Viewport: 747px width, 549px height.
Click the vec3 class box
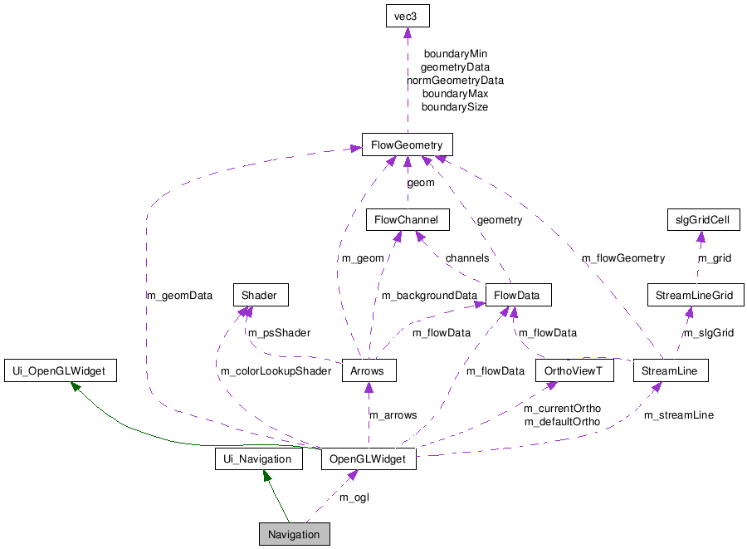point(407,16)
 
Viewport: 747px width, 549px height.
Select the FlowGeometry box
point(407,145)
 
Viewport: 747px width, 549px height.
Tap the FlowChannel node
point(408,220)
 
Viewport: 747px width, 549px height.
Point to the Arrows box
point(367,370)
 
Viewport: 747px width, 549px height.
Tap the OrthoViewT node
point(574,370)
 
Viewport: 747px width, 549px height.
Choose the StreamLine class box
point(670,370)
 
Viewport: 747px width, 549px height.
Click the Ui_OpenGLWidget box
point(60,370)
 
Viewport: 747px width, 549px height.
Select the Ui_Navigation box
point(258,458)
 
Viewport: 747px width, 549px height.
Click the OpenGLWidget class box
point(368,458)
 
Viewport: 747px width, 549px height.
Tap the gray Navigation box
point(294,534)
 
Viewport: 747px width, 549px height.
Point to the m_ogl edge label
point(354,497)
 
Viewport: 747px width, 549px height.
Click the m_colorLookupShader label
point(276,370)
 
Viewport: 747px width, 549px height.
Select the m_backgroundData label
point(429,295)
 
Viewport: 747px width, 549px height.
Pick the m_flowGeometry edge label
point(623,257)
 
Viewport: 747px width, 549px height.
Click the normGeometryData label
point(455,81)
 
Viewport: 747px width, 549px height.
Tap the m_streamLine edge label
point(679,414)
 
